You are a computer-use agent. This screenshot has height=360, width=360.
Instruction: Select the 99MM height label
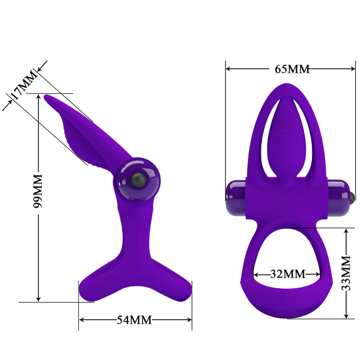point(38,191)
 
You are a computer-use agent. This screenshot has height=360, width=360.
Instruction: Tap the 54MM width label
point(134,320)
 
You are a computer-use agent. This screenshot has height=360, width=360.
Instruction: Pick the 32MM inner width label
point(288,274)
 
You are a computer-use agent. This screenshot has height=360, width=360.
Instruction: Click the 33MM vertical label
point(346,273)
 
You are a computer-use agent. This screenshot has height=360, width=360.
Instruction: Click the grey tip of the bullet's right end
point(352,195)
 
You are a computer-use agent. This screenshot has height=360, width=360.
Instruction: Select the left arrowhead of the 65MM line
point(228,69)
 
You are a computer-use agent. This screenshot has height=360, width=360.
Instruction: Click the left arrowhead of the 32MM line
point(256,274)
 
